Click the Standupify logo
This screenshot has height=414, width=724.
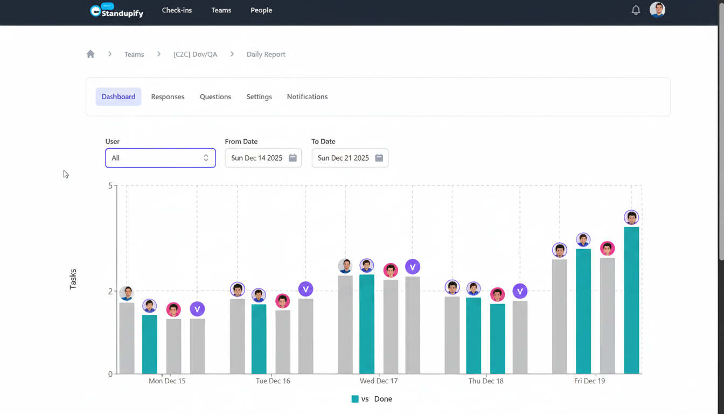click(116, 10)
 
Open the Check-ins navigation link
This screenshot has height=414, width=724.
click(177, 10)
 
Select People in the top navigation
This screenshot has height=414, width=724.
click(261, 10)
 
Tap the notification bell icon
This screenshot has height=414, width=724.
click(636, 10)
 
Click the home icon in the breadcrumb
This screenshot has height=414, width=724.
click(90, 54)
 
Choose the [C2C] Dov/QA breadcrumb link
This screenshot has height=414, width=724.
click(195, 54)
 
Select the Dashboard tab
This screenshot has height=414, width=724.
click(119, 96)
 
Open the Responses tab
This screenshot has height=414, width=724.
click(168, 96)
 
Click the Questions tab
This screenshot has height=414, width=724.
click(215, 96)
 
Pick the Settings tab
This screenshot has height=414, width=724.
click(259, 96)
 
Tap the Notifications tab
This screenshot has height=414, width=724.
click(307, 96)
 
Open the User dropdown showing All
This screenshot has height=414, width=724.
click(161, 158)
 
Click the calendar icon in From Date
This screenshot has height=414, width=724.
click(293, 158)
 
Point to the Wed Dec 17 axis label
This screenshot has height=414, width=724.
click(379, 381)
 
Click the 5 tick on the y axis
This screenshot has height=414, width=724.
click(110, 185)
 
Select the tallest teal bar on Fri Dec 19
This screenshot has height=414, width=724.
click(631, 300)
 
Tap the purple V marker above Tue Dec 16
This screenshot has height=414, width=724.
click(305, 289)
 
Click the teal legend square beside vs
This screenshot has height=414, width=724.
click(355, 399)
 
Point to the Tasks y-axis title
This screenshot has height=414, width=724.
click(73, 279)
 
